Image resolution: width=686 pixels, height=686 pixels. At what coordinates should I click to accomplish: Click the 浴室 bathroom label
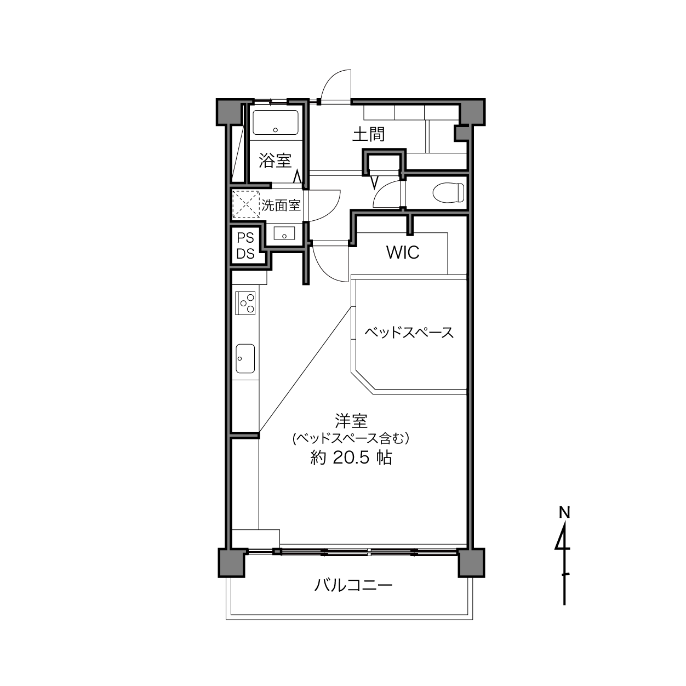point(275,161)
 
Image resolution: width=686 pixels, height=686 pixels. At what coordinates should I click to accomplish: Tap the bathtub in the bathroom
point(276,123)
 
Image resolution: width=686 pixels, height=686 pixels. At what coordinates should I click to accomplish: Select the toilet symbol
point(449,192)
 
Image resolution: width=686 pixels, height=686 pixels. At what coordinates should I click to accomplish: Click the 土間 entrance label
point(368,134)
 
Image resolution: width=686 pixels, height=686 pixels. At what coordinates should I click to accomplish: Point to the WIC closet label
point(403,253)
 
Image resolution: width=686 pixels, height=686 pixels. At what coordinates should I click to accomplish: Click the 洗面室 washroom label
point(281,205)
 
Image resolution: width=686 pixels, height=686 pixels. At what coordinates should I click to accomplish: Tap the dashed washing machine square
point(246,204)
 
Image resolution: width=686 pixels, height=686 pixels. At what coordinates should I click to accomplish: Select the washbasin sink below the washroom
point(284,233)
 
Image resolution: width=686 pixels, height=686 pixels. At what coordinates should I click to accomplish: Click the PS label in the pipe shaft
point(245,237)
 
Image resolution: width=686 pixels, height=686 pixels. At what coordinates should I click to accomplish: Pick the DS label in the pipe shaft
point(245,254)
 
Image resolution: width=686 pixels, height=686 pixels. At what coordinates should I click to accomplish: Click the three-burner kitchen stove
point(245,303)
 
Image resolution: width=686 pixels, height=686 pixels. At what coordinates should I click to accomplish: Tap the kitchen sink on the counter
point(245,358)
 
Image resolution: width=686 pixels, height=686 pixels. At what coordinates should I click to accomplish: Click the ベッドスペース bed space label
point(409,332)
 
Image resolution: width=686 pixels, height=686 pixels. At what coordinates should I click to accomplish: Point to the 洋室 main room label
point(351,421)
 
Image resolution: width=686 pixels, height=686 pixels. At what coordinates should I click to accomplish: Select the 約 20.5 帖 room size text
point(351,458)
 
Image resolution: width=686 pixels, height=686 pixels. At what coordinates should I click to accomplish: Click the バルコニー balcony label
point(353,585)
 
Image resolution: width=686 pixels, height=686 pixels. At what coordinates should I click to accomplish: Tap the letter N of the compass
point(564,512)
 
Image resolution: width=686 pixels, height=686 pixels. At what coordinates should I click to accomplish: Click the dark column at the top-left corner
point(228,112)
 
